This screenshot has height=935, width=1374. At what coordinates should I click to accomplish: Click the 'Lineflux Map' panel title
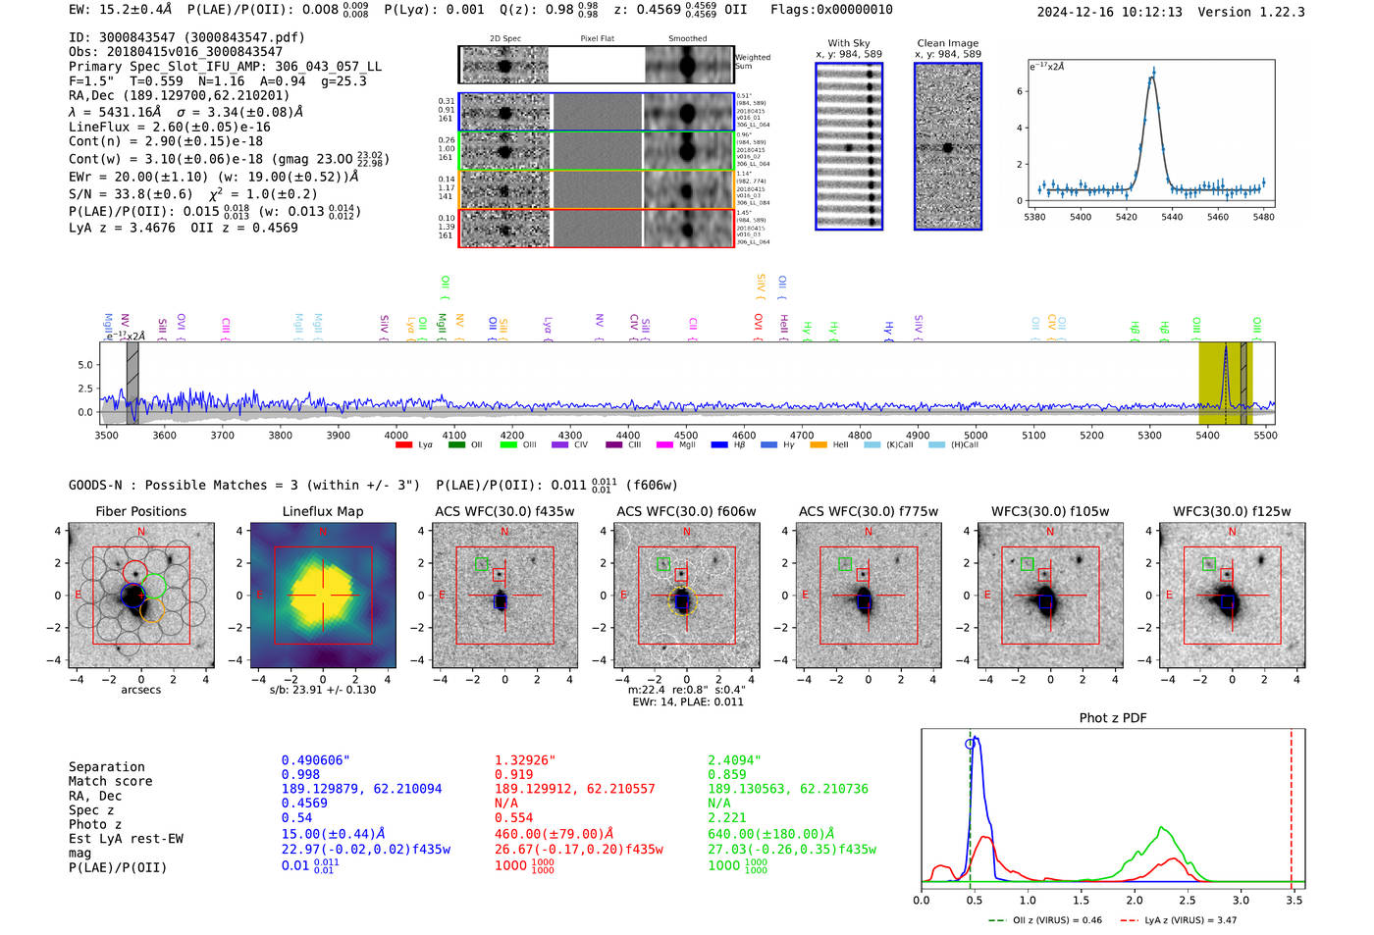click(322, 511)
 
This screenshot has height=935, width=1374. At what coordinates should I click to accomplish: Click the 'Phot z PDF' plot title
click(1113, 718)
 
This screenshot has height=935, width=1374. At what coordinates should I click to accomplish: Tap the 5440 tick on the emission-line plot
click(1172, 217)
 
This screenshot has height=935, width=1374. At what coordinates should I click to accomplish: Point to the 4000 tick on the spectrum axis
click(396, 435)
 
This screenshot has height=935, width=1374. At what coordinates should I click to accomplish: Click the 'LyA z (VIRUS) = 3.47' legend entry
click(1180, 920)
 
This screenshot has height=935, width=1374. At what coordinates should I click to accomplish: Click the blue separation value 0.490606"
click(316, 760)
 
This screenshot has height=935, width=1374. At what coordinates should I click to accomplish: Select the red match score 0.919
click(514, 775)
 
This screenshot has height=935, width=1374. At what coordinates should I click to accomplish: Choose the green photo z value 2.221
click(727, 817)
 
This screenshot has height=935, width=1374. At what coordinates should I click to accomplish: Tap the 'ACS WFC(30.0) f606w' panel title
click(686, 511)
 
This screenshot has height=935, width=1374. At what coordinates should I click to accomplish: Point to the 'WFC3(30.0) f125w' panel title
click(1232, 511)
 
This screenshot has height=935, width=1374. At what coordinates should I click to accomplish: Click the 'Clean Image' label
click(947, 43)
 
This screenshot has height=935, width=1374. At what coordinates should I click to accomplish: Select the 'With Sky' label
click(849, 43)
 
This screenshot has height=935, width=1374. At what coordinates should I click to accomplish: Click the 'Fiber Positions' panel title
click(140, 511)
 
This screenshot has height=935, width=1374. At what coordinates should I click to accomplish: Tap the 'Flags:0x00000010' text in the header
click(831, 10)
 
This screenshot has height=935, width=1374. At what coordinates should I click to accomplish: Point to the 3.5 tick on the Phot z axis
click(1295, 900)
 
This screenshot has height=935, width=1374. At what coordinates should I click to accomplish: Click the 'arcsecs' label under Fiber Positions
click(141, 690)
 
